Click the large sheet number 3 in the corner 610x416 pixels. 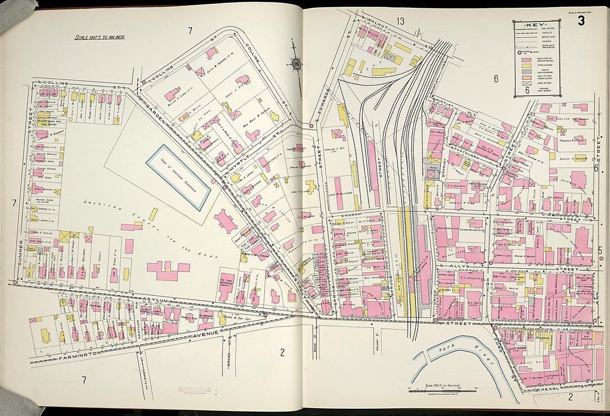click(x=581, y=22)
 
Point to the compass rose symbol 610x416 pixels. click(x=298, y=65)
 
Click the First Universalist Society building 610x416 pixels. click(x=227, y=286)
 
